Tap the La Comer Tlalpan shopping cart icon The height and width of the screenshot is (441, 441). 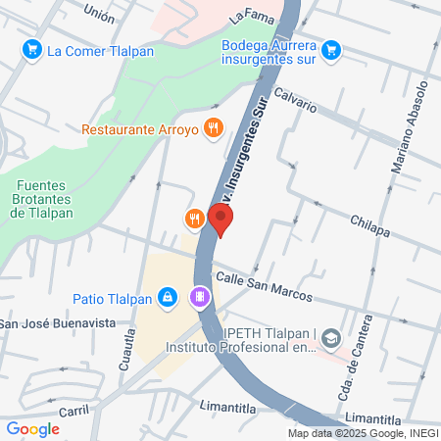tap(32, 48)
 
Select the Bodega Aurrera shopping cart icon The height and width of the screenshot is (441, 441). tap(330, 48)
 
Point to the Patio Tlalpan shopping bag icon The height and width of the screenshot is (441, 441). tap(167, 296)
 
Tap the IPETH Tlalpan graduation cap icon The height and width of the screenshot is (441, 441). tap(334, 338)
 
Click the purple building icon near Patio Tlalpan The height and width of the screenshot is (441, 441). tap(199, 296)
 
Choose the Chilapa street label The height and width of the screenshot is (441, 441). tap(369, 227)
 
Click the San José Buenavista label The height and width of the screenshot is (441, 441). tap(57, 323)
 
